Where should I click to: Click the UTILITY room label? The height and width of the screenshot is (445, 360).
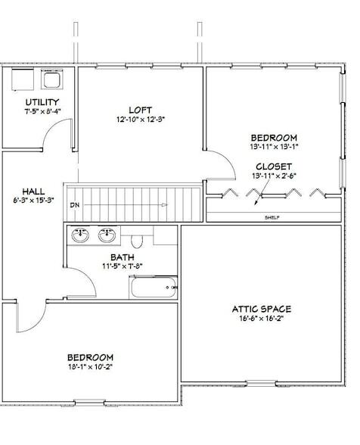[42, 102]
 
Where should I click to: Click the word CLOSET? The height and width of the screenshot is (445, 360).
[273, 166]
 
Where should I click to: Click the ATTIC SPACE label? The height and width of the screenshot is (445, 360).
[261, 309]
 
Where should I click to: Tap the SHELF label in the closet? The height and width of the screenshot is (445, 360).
[272, 216]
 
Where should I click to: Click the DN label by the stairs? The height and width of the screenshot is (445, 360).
[75, 205]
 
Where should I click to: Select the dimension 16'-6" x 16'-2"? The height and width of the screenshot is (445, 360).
[261, 319]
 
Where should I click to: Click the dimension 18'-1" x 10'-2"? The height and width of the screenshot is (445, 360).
[90, 367]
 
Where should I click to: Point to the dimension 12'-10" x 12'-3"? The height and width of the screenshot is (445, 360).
[141, 119]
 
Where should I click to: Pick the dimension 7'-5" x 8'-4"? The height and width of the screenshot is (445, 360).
[42, 112]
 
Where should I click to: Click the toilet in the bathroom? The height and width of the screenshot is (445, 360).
[137, 240]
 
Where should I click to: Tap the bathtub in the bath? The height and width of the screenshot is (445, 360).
[153, 287]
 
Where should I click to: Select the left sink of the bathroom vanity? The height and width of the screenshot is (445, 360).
[79, 235]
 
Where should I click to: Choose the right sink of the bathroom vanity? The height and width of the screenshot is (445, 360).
[107, 235]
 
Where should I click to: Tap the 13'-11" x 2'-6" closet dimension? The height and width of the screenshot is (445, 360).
[273, 176]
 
